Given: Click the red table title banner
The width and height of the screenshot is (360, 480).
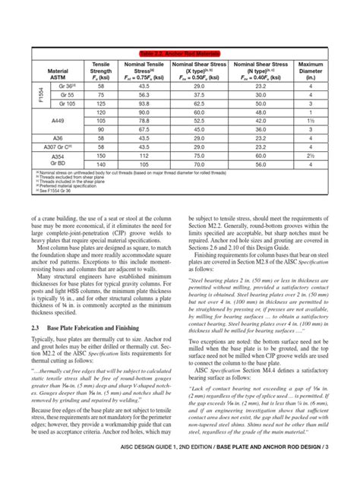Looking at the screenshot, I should tap(180, 52).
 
